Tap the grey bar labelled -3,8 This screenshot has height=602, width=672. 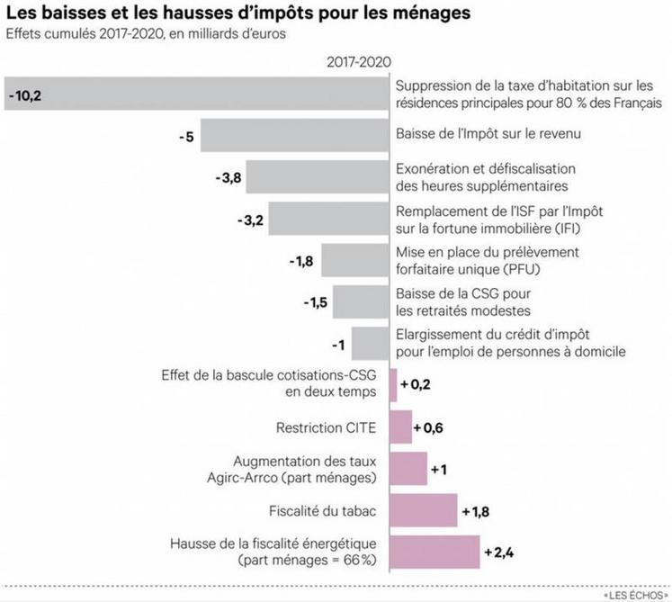tap(317, 177)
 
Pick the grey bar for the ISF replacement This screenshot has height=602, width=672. tap(329, 219)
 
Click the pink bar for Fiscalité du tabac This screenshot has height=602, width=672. tap(423, 512)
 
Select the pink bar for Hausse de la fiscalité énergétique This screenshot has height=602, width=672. tap(434, 553)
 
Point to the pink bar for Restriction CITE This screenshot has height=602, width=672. tap(400, 427)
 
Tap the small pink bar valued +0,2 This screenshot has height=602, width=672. tap(392, 385)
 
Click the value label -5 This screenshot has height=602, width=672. tap(186, 136)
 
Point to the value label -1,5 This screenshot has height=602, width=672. tap(313, 302)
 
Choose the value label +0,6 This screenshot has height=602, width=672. tap(428, 427)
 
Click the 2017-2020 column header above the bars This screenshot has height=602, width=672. tap(356, 61)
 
